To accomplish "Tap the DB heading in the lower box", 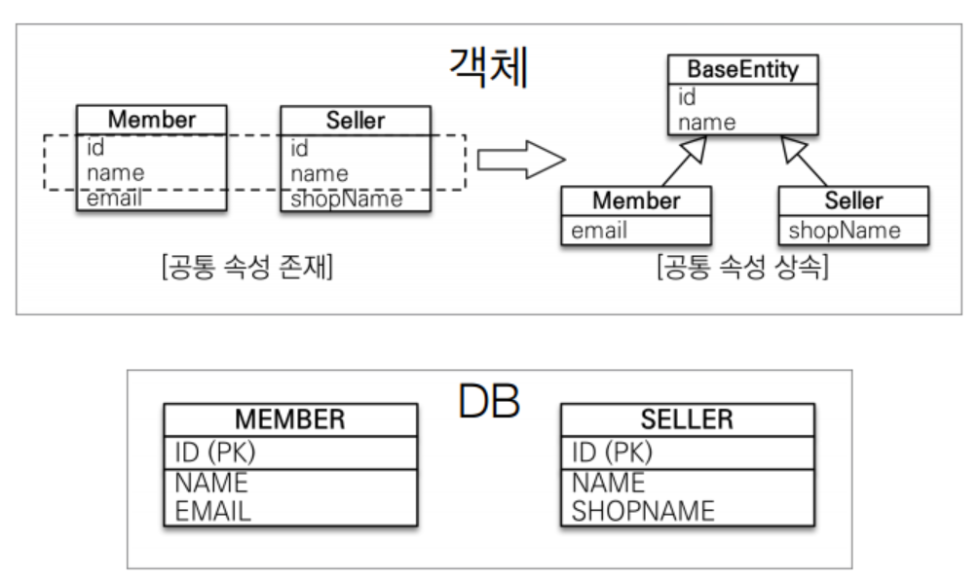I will point(489,401).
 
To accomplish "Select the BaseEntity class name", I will point(742,70).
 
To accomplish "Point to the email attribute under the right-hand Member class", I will point(599,231).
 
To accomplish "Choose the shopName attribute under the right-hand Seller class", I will point(844,231).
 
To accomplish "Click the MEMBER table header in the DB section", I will point(290,419).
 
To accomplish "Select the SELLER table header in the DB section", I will point(687,419).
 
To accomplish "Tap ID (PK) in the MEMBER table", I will point(215,453).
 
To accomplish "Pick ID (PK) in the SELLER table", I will point(612,453).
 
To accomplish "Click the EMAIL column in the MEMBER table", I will point(212,511).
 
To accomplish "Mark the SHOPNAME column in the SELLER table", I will point(643,511).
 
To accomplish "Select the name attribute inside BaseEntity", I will point(707,123).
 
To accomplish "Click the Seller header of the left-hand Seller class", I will point(356,121).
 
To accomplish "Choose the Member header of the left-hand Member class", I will point(152,120).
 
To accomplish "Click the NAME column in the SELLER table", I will point(608,483).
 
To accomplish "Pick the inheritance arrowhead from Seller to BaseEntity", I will point(792,149).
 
